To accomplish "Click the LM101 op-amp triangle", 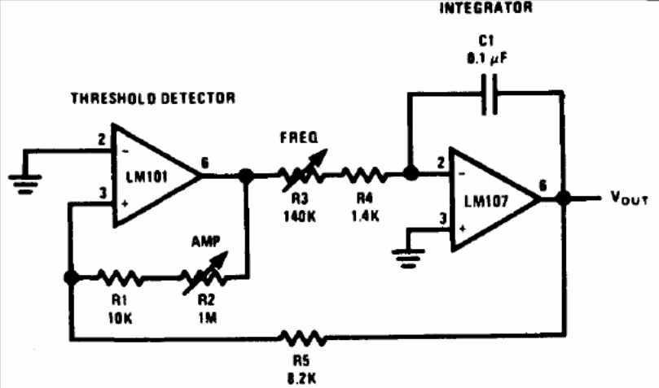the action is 156,176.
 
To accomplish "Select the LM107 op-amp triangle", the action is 494,199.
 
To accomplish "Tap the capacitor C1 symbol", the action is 489,94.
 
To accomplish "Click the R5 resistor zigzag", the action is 303,338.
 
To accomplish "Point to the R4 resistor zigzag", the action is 363,175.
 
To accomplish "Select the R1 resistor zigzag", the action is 120,277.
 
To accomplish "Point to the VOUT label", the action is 629,198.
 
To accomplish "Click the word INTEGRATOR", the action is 485,7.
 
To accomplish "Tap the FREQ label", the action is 299,137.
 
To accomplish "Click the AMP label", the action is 205,242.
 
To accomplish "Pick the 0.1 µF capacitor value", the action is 487,59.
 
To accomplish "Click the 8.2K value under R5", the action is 301,379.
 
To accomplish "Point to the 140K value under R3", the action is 299,216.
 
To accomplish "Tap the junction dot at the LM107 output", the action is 563,198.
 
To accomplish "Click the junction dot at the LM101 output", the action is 246,176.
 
